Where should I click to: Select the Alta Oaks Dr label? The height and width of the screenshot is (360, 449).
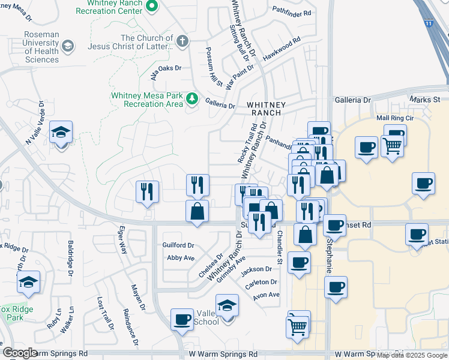165,68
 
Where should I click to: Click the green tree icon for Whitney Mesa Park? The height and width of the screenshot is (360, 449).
191,98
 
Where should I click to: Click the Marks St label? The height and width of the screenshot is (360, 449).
425,99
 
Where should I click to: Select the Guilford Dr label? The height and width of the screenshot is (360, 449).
178,245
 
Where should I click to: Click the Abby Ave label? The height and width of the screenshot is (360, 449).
181,257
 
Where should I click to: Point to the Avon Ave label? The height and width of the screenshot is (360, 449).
266,295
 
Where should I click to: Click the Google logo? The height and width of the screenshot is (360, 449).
20,353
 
